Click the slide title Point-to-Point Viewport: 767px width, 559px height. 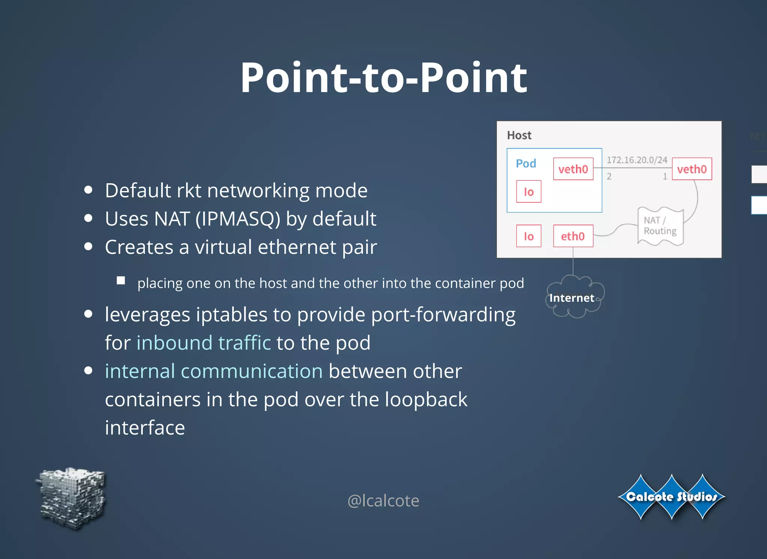383,78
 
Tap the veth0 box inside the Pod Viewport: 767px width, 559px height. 573,169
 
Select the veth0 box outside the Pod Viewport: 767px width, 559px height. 692,169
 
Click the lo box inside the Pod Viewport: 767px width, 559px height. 528,192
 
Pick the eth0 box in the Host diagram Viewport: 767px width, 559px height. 573,236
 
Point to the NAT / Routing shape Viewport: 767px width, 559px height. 660,226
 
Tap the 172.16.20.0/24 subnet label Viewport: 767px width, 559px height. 637,160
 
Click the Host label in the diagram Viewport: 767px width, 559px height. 519,135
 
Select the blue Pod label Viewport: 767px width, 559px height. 526,164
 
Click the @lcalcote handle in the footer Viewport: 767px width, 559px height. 383,501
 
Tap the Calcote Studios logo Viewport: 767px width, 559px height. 671,497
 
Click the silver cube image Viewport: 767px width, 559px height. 72,498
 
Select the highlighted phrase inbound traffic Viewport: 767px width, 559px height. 203,343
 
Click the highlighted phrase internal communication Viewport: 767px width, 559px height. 213,371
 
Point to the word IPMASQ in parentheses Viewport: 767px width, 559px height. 237,219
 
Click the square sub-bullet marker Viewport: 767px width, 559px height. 121,281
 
